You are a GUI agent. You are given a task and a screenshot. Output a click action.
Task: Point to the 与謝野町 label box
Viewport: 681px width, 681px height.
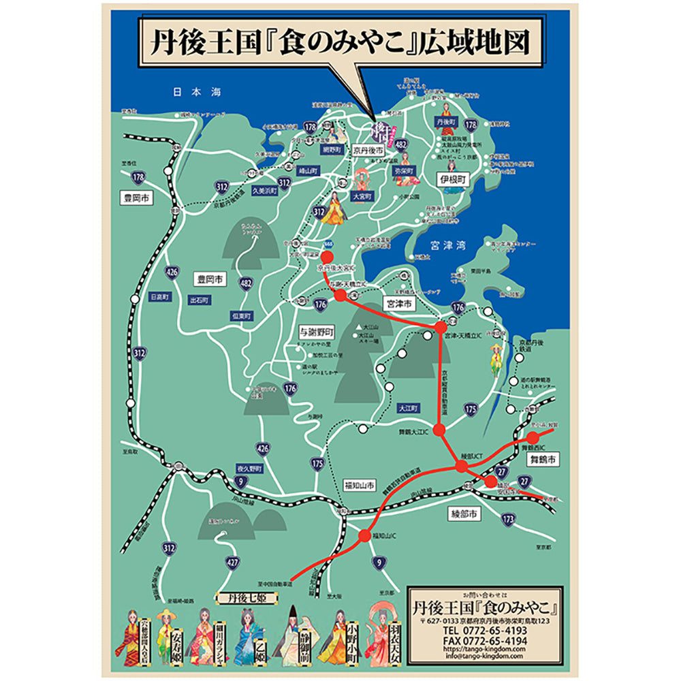317,332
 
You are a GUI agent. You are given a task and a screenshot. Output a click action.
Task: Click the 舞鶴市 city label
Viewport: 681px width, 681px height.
543,460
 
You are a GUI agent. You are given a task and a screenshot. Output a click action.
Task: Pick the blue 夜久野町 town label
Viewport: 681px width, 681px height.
249,469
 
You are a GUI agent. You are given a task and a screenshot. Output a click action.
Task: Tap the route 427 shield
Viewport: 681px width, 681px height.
233,563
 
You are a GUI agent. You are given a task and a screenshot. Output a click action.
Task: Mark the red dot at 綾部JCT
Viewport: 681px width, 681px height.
462,466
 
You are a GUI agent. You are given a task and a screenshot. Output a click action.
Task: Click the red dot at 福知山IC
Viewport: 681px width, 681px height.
366,535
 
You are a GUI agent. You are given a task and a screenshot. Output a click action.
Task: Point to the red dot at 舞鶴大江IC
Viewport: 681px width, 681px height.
439,430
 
